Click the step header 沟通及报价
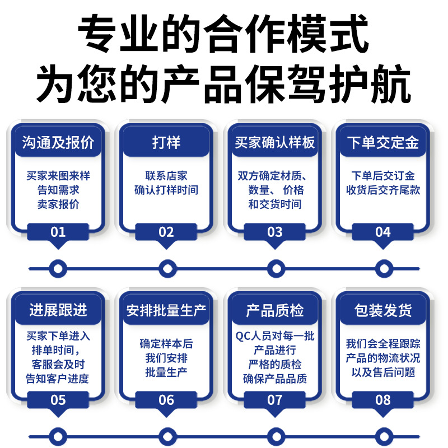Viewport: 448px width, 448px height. click(58, 142)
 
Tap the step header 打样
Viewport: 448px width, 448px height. click(166, 142)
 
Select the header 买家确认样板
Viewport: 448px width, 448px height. click(274, 142)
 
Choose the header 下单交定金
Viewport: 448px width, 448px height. click(382, 142)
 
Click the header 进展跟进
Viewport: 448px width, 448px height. click(58, 310)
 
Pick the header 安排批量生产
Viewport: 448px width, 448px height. click(166, 310)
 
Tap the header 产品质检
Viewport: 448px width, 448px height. click(274, 310)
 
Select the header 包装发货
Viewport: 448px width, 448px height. click(382, 310)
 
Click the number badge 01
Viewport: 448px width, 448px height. click(58, 232)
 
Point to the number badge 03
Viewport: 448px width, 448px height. click(274, 232)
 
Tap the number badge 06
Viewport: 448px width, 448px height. click(166, 400)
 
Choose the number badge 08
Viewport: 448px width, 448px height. click(382, 400)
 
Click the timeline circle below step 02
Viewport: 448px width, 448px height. click(166, 269)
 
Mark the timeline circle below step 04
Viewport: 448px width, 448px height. click(382, 269)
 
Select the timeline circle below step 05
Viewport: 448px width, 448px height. click(58, 436)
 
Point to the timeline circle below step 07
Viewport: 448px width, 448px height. click(274, 436)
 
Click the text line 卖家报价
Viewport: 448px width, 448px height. click(58, 204)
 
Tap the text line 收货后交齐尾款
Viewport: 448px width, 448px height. click(382, 190)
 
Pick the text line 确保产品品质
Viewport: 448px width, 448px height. click(274, 379)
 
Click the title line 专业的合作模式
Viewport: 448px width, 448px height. click(224, 32)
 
